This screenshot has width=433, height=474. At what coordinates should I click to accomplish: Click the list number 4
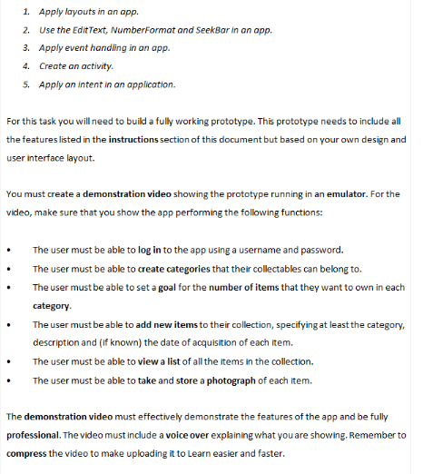click(x=26, y=66)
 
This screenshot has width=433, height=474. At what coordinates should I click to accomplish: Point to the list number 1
click(x=26, y=12)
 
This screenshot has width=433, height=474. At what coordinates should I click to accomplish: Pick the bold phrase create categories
click(x=175, y=269)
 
